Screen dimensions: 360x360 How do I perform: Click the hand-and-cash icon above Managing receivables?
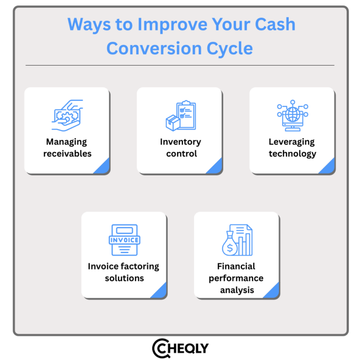pos(67,115)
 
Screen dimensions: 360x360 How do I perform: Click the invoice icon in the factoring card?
pos(124,240)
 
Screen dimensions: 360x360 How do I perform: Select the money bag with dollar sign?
pos(230,246)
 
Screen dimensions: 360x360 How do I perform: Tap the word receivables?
pos(67,154)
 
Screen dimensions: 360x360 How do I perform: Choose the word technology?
pos(292,154)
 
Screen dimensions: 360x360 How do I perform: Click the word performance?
pos(236,278)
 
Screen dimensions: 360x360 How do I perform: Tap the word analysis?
pos(237,290)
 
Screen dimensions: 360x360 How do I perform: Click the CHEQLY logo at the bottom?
pos(180,348)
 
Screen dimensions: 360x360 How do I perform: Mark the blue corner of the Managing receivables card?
pos(104,167)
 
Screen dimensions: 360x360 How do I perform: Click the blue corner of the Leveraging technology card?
pos(329,167)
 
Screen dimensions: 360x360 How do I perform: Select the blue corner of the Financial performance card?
pos(273,292)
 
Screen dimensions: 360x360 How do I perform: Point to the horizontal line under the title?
pos(180,65)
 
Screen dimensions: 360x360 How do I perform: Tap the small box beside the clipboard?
pos(173,123)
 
